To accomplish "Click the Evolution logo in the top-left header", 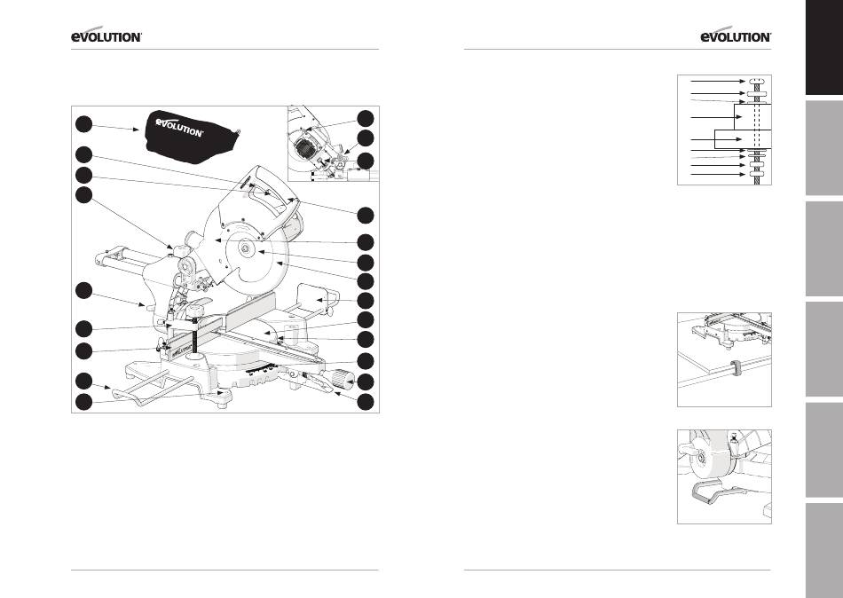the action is tap(106, 35).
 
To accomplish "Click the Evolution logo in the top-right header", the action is tap(736, 35).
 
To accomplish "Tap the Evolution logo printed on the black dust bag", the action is tap(179, 126).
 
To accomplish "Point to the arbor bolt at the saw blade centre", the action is tap(245, 248).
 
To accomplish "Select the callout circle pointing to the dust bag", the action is tap(83, 123).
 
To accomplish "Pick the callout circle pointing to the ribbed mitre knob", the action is tap(366, 382).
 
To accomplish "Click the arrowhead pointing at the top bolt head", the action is tap(743, 82).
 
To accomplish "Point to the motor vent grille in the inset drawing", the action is tap(305, 146).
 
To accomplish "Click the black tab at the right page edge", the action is tap(823, 47).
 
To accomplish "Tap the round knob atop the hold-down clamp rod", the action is tap(196, 310).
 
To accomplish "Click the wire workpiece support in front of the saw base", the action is tap(154, 389).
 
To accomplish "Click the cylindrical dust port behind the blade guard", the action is tap(190, 238).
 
